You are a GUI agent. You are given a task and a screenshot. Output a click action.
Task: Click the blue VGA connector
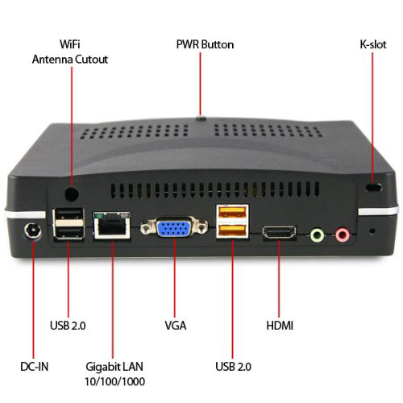(174, 228)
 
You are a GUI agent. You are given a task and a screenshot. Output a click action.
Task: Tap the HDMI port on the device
(280, 232)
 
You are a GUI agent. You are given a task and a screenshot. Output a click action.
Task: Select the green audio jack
(317, 235)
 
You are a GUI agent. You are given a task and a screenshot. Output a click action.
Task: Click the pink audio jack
(343, 235)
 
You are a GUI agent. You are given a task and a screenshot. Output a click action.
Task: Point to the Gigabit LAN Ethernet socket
(112, 225)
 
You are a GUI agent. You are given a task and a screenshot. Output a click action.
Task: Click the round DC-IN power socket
(33, 231)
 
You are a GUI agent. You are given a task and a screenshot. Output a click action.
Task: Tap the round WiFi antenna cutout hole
(72, 194)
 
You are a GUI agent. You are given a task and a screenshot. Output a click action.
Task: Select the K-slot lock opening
(373, 187)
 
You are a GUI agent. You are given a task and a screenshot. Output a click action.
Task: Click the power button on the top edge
(201, 118)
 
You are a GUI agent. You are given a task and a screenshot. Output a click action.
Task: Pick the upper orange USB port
(233, 212)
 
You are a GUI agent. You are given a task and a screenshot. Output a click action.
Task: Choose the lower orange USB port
(233, 231)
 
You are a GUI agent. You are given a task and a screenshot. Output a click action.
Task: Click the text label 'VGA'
(176, 326)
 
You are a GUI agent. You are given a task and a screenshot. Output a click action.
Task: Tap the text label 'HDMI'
(280, 326)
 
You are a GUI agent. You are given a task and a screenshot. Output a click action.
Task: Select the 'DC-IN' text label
(35, 367)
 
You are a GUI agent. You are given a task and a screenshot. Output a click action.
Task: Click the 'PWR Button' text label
(205, 44)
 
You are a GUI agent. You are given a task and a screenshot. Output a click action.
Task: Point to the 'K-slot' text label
(373, 44)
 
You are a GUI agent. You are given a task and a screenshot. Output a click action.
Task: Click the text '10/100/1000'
(114, 381)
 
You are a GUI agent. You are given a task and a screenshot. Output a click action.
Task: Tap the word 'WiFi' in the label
(70, 44)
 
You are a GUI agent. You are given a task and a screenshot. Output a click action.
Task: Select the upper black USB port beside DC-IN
(69, 214)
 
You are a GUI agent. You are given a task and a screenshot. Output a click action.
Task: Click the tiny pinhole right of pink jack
(372, 231)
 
